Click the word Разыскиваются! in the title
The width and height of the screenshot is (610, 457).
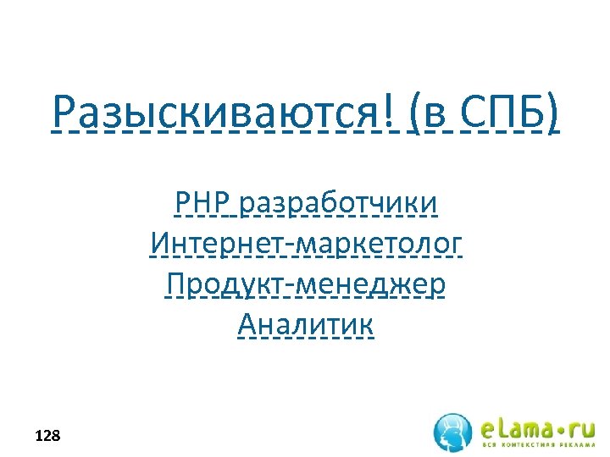coord(225,113)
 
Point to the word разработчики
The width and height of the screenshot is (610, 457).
coord(339,206)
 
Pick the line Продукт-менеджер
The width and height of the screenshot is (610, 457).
coord(306,284)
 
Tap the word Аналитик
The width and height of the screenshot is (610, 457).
coord(306,324)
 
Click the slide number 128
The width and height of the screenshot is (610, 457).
coord(47,437)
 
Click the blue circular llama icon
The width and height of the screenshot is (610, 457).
coord(453,432)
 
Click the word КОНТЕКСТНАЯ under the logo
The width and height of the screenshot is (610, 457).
coord(526,445)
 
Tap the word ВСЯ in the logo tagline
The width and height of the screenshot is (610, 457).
coord(490,445)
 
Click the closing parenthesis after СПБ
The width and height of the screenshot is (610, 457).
coord(552,113)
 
